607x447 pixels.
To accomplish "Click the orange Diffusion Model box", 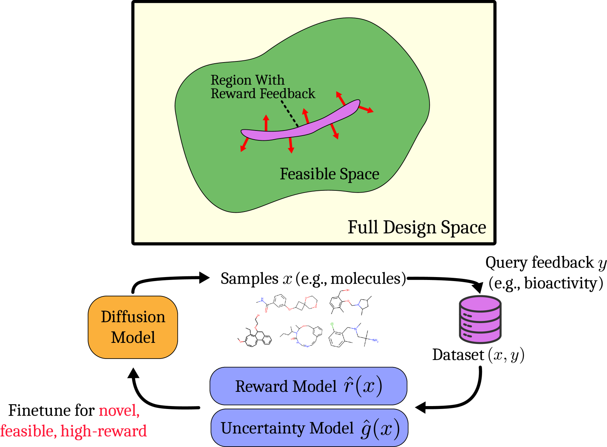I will [133, 327].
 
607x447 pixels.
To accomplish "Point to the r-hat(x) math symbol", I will [363, 386].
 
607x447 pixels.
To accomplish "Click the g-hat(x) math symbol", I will [380, 428].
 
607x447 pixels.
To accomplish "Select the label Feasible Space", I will [329, 174].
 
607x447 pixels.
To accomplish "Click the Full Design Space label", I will [417, 227].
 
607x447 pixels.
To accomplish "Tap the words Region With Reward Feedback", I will [262, 87].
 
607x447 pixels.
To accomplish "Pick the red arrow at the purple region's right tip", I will [366, 109].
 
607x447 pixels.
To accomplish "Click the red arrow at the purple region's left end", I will [244, 144].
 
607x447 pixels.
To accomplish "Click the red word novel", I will [119, 410].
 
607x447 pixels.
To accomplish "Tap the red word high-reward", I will [104, 431].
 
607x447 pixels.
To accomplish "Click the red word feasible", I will [28, 431].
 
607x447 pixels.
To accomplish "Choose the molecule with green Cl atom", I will [353, 334].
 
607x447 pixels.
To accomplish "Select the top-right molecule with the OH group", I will [350, 302].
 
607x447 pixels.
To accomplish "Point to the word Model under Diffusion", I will [133, 337].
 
